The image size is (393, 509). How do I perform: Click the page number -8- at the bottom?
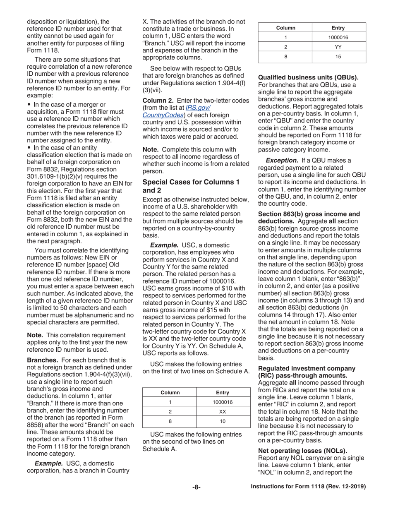pos(196,487)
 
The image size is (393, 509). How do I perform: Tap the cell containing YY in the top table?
pos(338,47)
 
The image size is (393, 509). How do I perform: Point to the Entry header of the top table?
pos(338,28)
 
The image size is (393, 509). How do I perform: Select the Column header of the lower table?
pos(170,392)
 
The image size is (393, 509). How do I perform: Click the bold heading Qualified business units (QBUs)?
pos(308,77)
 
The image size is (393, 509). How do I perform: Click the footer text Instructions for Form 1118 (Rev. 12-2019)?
pos(308,487)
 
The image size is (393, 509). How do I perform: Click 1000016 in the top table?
pos(338,38)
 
